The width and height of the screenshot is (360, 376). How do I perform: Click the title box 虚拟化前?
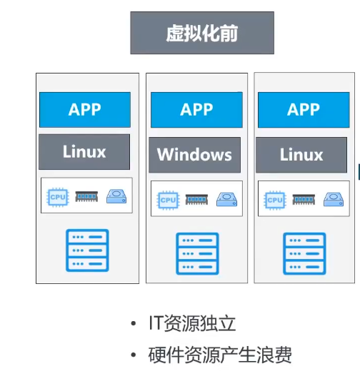(202, 33)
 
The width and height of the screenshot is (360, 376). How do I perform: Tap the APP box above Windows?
(196, 110)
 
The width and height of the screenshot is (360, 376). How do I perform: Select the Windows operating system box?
(194, 155)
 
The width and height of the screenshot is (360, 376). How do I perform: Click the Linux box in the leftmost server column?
(84, 152)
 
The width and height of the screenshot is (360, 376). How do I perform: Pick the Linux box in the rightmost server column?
(301, 155)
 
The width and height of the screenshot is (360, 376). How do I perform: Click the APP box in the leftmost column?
(85, 110)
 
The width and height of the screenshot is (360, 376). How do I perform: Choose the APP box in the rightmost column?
(304, 110)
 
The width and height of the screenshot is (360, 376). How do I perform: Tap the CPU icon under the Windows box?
(168, 200)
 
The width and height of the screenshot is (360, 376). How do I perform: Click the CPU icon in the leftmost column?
(58, 197)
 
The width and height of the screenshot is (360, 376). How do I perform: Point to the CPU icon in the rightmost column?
(275, 200)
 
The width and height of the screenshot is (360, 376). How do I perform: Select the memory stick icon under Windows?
(196, 200)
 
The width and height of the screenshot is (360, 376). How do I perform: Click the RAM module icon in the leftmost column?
(86, 197)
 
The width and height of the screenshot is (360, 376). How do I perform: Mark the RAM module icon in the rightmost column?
(304, 200)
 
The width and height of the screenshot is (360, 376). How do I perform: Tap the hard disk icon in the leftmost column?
(116, 196)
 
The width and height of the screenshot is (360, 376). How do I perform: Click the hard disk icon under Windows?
(227, 199)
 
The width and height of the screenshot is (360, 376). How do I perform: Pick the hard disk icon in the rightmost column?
(334, 199)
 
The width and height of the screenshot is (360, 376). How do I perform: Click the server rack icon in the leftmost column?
(87, 250)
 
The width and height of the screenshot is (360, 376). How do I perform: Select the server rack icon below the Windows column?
(197, 254)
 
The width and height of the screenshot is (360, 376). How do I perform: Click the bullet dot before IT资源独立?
(134, 323)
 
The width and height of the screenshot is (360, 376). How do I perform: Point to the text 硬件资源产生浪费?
(220, 355)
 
